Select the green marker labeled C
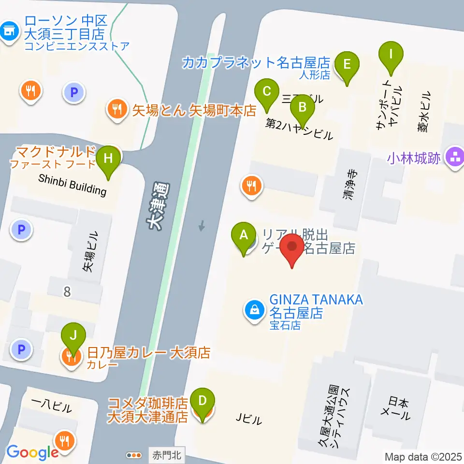(266, 91)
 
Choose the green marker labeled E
(347, 65)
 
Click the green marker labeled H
(108, 159)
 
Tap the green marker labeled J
(73, 335)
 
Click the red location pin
(292, 247)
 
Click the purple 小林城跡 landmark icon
(455, 157)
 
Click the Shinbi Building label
(72, 184)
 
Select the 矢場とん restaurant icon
(117, 110)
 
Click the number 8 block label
(67, 291)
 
